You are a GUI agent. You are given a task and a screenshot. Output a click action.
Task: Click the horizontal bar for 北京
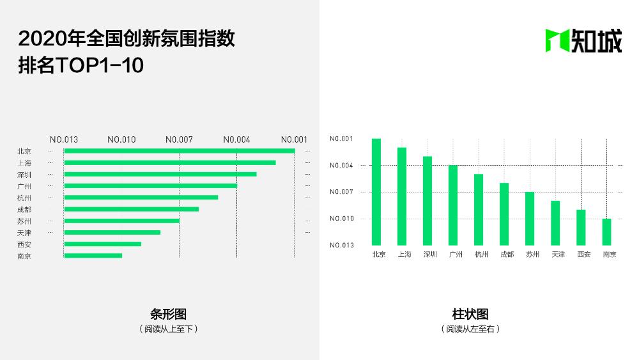tap(179, 151)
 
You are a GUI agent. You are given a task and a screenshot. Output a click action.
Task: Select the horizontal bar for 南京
tap(93, 256)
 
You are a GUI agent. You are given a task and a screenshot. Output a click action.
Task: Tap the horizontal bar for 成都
tap(131, 209)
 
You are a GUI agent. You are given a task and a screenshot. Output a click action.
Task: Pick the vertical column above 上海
tap(402, 196)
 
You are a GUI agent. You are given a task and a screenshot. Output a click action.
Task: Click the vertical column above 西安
tap(581, 227)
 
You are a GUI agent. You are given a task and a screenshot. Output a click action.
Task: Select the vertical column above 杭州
tap(479, 209)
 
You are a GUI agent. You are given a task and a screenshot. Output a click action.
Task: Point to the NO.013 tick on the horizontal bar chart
tap(64, 139)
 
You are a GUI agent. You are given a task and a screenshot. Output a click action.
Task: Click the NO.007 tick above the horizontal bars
tap(179, 139)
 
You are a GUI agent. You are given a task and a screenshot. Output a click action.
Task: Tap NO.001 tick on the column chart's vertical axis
tap(341, 139)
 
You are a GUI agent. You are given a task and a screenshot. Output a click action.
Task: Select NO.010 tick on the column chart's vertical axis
tap(341, 219)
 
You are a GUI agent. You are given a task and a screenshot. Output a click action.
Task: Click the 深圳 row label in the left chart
tap(24, 175)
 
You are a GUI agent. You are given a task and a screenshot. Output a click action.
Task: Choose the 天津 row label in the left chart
tap(24, 233)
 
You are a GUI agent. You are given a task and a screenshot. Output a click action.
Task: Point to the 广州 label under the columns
tap(456, 254)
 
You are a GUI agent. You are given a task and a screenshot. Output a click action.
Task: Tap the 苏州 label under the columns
tap(532, 254)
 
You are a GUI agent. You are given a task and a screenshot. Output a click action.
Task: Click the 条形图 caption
tap(168, 314)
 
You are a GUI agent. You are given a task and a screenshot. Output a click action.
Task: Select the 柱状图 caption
tap(470, 314)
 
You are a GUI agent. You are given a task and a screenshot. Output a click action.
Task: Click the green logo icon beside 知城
tap(556, 41)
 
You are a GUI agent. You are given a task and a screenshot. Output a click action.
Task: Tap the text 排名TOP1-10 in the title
tap(81, 66)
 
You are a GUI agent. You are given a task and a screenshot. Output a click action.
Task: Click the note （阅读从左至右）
tap(470, 329)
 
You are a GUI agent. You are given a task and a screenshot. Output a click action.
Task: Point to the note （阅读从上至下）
tap(168, 329)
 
